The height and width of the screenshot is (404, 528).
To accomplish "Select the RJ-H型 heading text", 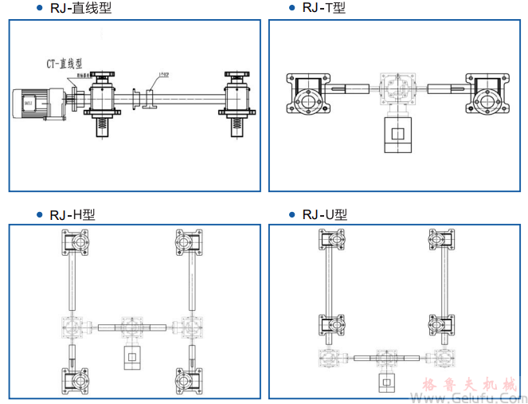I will pos(72,214).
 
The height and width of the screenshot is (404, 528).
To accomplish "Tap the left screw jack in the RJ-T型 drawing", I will pos(307,98).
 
